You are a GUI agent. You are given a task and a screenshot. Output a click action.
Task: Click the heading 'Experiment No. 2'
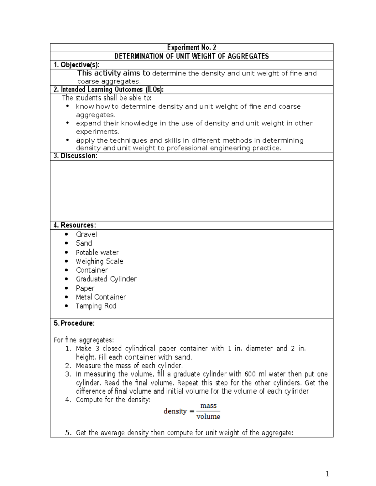[x=191, y=48]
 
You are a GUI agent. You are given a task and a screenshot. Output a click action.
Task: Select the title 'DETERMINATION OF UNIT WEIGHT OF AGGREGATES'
[x=191, y=56]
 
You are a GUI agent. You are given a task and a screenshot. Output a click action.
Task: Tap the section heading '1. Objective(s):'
[x=76, y=65]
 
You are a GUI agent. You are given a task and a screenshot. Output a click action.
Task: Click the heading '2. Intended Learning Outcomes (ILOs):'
[x=108, y=90]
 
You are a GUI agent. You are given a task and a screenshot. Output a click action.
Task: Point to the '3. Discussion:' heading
[x=75, y=156]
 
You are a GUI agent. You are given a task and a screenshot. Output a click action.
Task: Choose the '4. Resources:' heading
[x=75, y=225]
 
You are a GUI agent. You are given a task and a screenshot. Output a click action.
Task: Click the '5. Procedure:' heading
[x=74, y=323]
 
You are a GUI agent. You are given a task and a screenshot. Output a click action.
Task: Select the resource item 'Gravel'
[x=86, y=234]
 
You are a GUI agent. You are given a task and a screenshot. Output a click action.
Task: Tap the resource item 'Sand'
[x=84, y=243]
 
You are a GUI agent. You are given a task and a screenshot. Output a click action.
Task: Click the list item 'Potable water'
[x=97, y=252]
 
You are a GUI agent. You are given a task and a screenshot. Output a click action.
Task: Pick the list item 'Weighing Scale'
[x=99, y=261]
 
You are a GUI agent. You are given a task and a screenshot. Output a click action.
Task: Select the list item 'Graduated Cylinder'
[x=106, y=279]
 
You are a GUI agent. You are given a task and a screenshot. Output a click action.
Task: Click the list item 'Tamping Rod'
[x=96, y=306]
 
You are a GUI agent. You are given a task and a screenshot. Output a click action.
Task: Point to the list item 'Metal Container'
[x=101, y=297]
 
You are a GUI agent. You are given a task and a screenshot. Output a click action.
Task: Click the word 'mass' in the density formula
[x=208, y=406]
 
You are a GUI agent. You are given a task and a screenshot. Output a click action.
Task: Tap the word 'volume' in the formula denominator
[x=208, y=417]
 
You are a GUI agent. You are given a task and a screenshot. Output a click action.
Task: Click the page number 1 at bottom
[x=327, y=474]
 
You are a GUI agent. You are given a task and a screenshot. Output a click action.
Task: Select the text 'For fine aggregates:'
[x=84, y=340]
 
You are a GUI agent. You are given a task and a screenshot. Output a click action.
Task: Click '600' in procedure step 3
[x=250, y=374]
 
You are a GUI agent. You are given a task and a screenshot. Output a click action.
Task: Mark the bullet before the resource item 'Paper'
[x=66, y=288]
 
